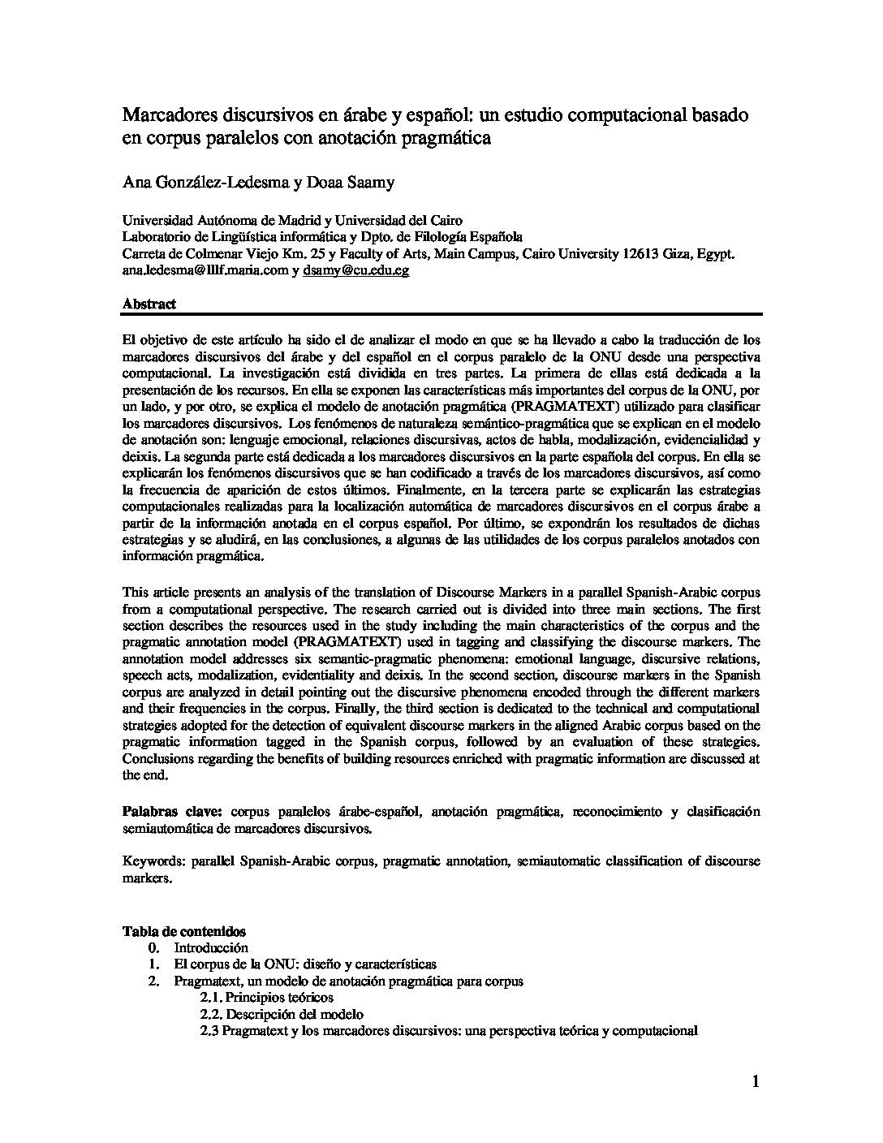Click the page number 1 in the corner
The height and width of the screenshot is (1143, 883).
click(756, 1081)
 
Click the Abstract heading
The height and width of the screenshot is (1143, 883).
click(149, 304)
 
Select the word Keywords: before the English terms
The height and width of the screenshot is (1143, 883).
click(150, 860)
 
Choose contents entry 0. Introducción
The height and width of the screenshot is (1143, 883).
click(210, 947)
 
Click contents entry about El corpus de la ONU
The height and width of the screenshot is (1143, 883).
click(304, 964)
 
